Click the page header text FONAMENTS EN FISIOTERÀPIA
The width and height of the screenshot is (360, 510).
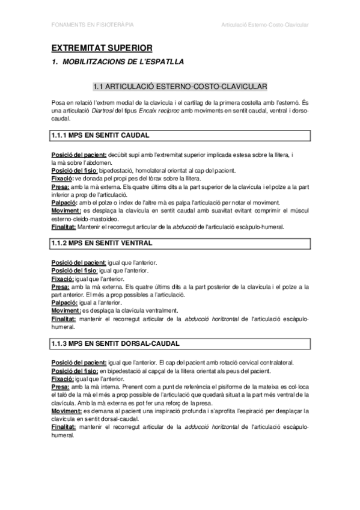click(92, 25)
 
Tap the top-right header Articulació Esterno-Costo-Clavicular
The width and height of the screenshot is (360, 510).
click(265, 25)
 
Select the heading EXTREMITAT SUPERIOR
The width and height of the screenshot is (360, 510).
click(102, 47)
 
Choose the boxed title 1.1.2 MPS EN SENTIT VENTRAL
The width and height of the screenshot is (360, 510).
click(102, 243)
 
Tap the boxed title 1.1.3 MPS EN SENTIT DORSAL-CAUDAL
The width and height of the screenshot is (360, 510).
click(115, 343)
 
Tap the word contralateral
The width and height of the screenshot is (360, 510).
click(269, 363)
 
